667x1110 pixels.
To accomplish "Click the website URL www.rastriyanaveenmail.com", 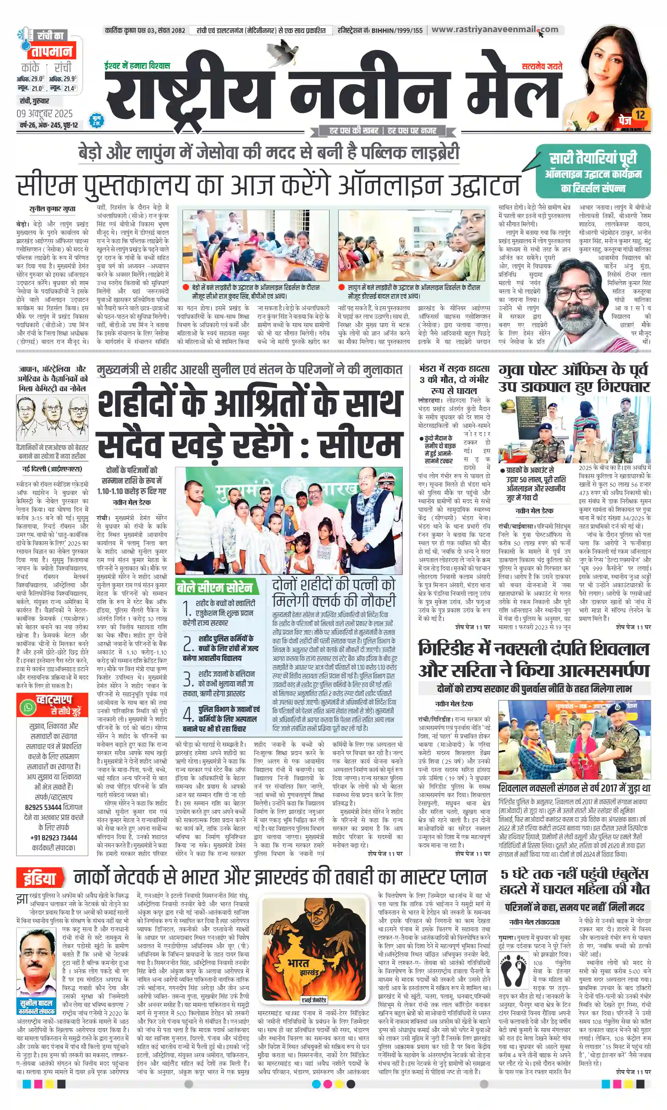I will coord(495,30).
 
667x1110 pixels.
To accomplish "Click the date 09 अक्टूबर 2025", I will coord(44,113).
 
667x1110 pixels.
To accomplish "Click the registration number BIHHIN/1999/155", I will coord(397,30).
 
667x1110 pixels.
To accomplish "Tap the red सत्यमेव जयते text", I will coord(541,66).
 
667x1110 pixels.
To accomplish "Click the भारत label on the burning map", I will coord(298,963).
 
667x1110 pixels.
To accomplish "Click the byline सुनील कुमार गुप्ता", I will coord(52,209).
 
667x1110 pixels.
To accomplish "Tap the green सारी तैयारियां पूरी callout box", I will coord(593,171).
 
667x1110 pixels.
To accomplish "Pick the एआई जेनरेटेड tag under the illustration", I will coord(314,1000).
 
